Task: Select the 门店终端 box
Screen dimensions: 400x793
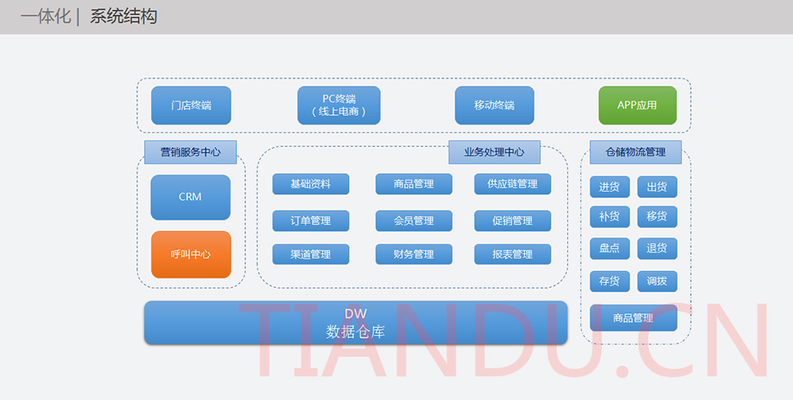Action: pyautogui.click(x=191, y=105)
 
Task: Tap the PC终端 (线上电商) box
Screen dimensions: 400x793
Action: pyautogui.click(x=339, y=105)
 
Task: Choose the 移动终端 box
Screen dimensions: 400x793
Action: pyautogui.click(x=494, y=105)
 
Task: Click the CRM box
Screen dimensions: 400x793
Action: pyautogui.click(x=190, y=197)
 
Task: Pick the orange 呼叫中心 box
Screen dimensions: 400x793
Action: pyautogui.click(x=190, y=254)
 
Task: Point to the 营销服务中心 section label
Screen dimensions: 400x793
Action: pyautogui.click(x=190, y=152)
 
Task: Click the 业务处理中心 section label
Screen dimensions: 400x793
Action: pyautogui.click(x=494, y=152)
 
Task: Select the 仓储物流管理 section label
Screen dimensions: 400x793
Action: pyautogui.click(x=635, y=152)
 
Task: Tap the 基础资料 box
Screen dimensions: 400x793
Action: pyautogui.click(x=311, y=184)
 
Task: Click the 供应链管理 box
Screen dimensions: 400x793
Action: pyautogui.click(x=513, y=184)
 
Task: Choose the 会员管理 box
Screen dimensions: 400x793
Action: pyautogui.click(x=414, y=220)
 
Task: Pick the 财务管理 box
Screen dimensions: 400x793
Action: pyautogui.click(x=414, y=254)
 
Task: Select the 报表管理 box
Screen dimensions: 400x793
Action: pyautogui.click(x=513, y=254)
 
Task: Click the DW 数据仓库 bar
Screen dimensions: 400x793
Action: pyautogui.click(x=356, y=322)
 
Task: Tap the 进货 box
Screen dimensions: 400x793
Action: pyautogui.click(x=609, y=187)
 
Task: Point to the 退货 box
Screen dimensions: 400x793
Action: pyautogui.click(x=656, y=248)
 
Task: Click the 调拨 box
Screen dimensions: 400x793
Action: pyautogui.click(x=656, y=281)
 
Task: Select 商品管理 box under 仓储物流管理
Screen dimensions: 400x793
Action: pyautogui.click(x=633, y=318)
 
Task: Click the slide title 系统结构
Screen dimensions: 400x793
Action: pyautogui.click(x=123, y=16)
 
